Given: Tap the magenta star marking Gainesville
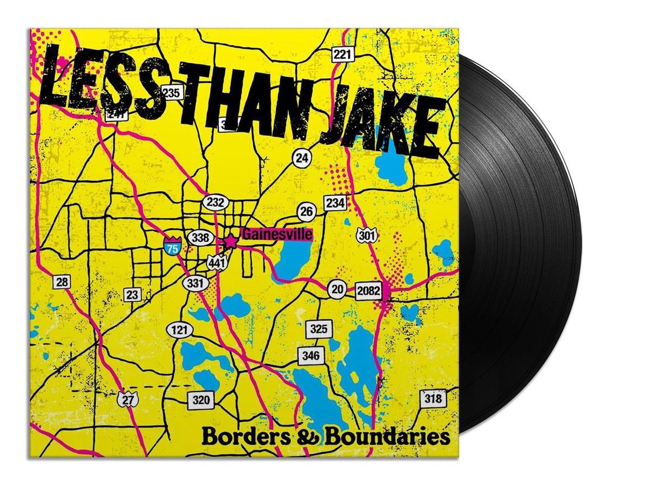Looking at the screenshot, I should point(231,241).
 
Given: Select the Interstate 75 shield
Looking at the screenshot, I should point(171,246).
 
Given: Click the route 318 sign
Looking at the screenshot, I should point(433,399).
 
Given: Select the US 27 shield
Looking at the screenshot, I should point(125,400).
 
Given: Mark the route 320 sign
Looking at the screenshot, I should point(200,400).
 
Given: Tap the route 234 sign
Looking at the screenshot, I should point(334,203).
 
